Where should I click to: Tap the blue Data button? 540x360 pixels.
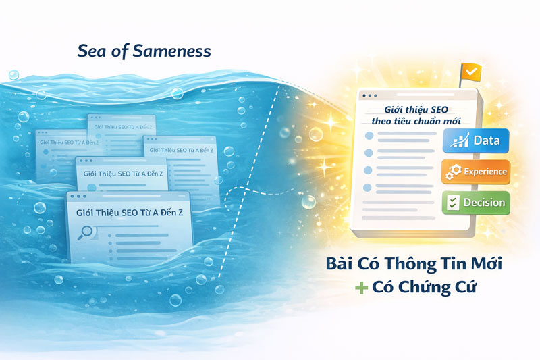(x=476, y=140)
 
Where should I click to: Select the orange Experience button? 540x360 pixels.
(x=476, y=172)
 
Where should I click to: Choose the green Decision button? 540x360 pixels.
(x=476, y=203)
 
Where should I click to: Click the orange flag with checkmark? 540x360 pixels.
(x=468, y=71)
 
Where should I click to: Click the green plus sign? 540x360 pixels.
(x=362, y=288)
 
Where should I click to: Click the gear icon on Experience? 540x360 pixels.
(x=454, y=172)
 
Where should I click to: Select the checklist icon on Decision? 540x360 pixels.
(x=454, y=203)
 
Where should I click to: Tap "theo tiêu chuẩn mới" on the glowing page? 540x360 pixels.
(x=411, y=120)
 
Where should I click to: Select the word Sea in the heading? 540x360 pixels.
(x=91, y=51)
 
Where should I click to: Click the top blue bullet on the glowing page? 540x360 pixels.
(x=368, y=136)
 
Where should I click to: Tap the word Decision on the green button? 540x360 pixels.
(x=484, y=203)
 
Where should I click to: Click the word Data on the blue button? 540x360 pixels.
(x=486, y=140)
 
